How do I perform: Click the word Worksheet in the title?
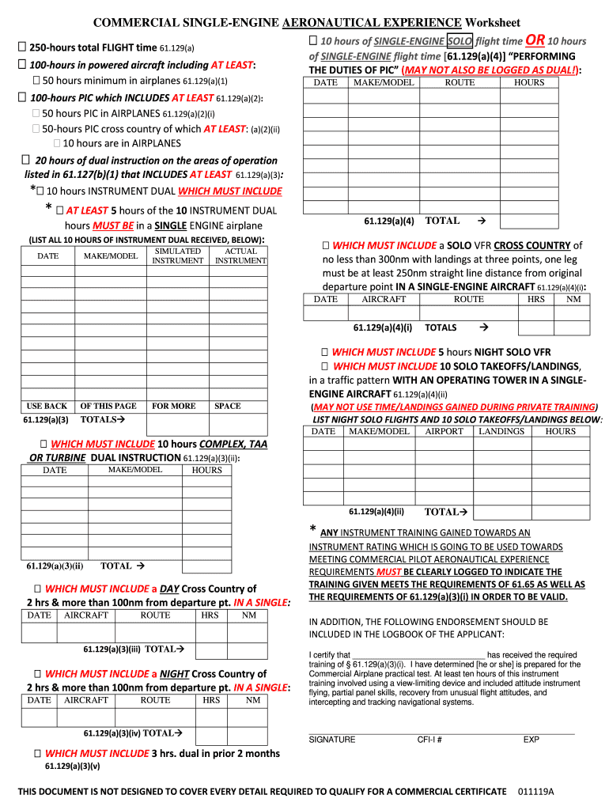click(493, 22)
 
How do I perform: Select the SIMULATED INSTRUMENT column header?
click(177, 255)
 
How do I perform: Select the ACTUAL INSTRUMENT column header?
click(240, 255)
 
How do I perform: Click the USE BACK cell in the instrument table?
click(47, 406)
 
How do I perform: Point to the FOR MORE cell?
click(174, 406)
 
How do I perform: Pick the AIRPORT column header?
click(444, 431)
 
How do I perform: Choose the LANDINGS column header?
click(501, 431)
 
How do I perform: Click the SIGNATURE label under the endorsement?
click(331, 740)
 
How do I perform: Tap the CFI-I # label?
click(429, 740)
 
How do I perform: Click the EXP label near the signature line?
click(531, 740)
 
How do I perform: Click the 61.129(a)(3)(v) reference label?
click(73, 766)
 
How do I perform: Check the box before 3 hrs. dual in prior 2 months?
click(37, 753)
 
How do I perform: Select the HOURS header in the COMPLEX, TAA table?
click(206, 470)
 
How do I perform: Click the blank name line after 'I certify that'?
click(418, 655)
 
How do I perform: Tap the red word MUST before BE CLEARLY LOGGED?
click(388, 572)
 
